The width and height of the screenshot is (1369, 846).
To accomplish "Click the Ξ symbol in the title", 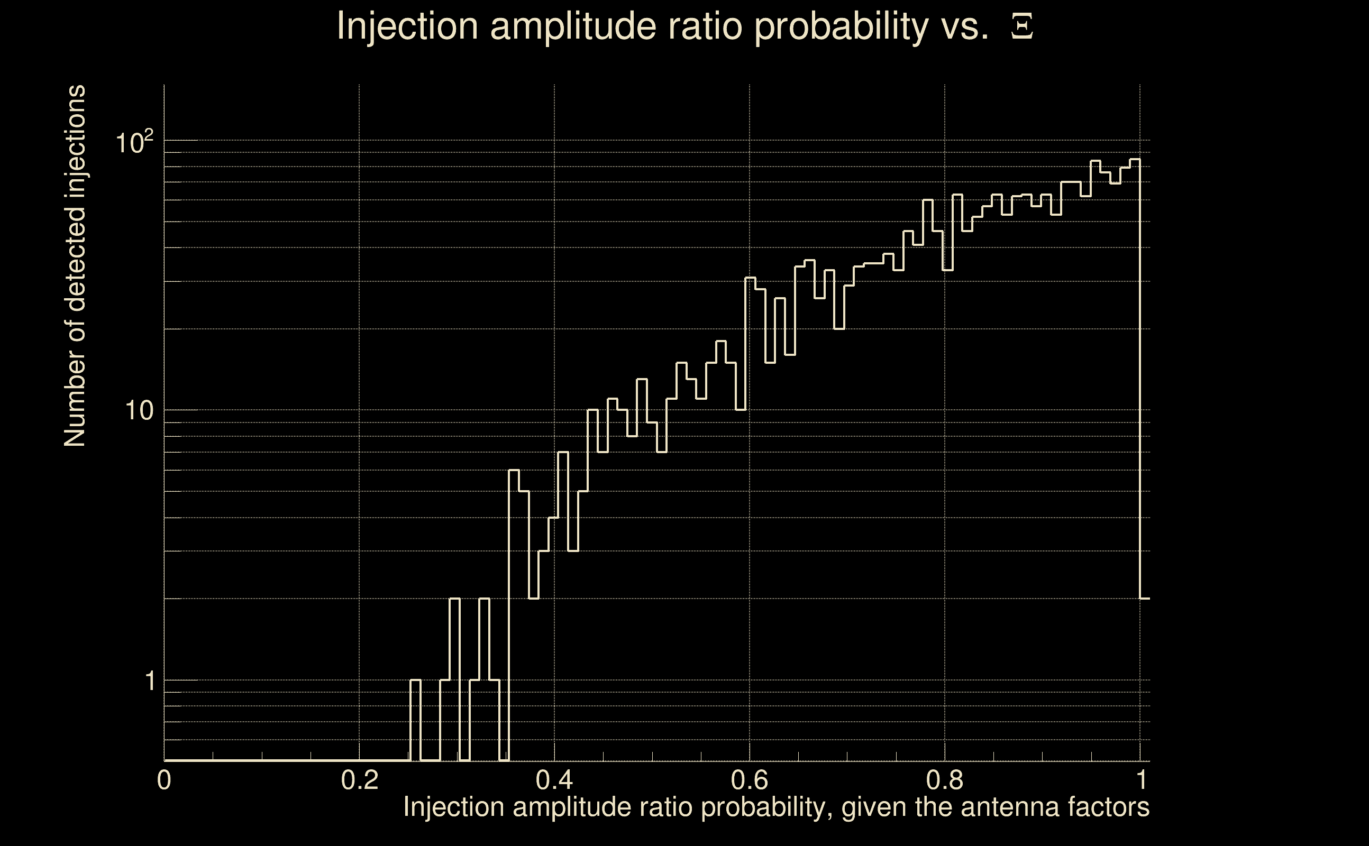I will coord(1022,26).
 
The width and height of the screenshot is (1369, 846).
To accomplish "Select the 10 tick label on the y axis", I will coord(139,411).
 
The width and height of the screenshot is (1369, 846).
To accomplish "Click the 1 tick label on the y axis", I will coord(150,681).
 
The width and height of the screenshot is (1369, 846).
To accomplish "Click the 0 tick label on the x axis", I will coord(164,780).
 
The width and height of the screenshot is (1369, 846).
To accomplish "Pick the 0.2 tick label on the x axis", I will coord(359,780).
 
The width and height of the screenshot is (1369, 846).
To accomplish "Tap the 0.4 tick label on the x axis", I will coord(554,780).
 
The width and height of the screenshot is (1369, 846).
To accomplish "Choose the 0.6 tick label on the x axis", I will coord(750,780).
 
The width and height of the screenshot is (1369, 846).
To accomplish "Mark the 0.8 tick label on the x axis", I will coord(944,780).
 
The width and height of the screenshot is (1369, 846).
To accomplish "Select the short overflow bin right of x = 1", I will coord(1145,599).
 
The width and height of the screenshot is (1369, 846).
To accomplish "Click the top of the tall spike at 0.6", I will coord(750,278).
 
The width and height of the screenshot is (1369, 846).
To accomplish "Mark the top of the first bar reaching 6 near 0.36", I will coord(514,471).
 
